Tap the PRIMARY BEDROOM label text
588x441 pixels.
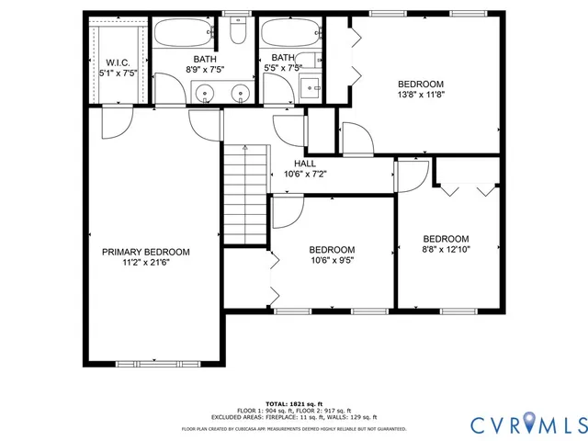pyautogui.click(x=145, y=252)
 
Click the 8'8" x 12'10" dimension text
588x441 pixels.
pyautogui.click(x=446, y=249)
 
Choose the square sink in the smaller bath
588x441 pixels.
pyautogui.click(x=311, y=89)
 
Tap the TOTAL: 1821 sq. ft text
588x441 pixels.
pyautogui.click(x=293, y=403)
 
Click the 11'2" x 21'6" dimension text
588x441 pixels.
pyautogui.click(x=145, y=262)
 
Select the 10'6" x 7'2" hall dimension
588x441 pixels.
pyautogui.click(x=305, y=173)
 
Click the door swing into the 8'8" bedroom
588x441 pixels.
pyautogui.click(x=413, y=175)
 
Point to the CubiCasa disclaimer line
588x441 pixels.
pyautogui.click(x=293, y=428)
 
